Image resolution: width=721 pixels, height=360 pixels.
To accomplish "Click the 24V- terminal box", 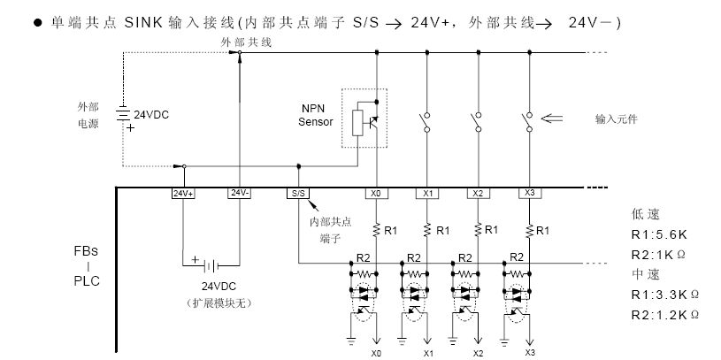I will pyautogui.click(x=240, y=192).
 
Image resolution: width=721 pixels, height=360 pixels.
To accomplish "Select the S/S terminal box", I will pyautogui.click(x=298, y=192).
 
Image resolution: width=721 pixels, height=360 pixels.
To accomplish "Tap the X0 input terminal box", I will pyautogui.click(x=378, y=192).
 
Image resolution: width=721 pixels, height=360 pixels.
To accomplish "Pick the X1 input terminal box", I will pyautogui.click(x=428, y=192).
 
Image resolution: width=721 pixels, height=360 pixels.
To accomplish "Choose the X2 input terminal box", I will pyautogui.click(x=479, y=192).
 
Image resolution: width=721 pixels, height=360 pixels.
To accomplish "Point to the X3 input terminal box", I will pyautogui.click(x=530, y=192).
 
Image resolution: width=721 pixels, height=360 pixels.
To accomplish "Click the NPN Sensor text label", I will pyautogui.click(x=315, y=116).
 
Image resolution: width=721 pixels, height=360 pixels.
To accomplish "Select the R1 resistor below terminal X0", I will pyautogui.click(x=378, y=230).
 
